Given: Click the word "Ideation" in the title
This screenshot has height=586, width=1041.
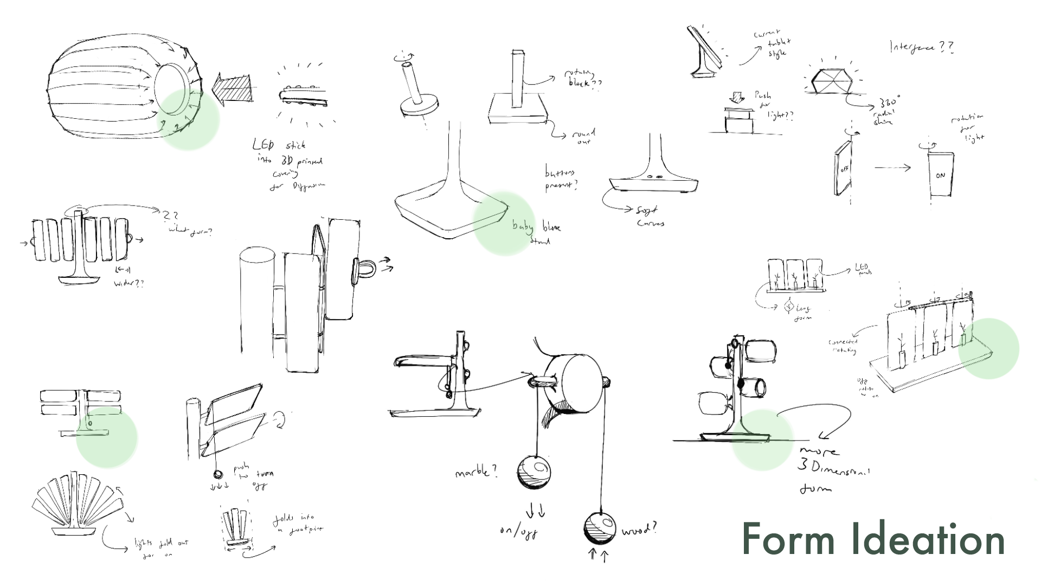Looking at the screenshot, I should (927, 539).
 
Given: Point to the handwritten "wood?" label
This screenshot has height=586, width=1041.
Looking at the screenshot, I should (639, 528).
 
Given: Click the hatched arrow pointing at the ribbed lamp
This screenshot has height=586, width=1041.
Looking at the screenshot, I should (233, 87).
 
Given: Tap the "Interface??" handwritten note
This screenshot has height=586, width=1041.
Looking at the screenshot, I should (921, 48).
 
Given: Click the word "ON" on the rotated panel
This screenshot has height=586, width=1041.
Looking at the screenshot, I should (940, 176).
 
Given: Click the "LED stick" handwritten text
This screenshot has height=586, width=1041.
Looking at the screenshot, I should (279, 145).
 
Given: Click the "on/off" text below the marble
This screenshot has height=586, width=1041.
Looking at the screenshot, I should (519, 531).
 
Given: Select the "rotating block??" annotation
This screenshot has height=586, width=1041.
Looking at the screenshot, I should (583, 79).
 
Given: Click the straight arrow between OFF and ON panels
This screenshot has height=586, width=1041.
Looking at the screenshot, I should (892, 168).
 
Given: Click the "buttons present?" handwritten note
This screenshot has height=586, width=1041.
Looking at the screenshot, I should (561, 179).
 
